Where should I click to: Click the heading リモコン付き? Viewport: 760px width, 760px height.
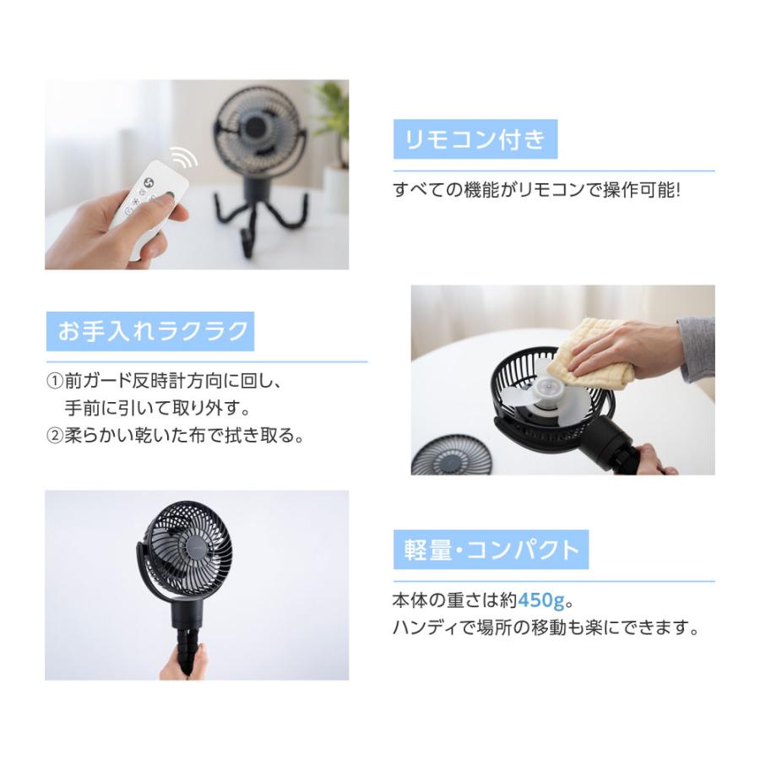pos(475,139)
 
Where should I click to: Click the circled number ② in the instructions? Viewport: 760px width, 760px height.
pos(56,437)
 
